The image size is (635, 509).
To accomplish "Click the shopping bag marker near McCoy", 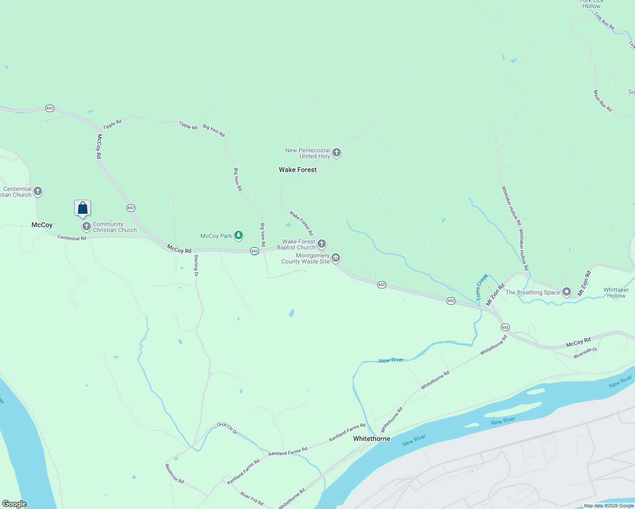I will pos(83,208).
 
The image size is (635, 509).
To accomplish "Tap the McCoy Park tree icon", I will pos(239,235).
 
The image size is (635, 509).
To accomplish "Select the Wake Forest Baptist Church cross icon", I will pos(322,243).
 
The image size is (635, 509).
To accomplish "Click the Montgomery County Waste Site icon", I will pos(336,257).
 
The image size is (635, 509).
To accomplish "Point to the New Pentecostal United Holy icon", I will pos(337,152).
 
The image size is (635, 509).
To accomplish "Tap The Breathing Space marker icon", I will pos(566,292).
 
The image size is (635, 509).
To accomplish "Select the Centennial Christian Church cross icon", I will pos(38,191).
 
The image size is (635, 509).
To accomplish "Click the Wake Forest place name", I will pos(298,170).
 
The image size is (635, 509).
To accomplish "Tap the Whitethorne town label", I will pos(371,439).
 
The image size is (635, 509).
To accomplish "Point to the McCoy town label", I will pos(42,225).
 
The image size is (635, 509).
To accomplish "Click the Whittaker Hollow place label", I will pos(616,293).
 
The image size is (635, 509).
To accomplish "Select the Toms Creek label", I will pos(482,287).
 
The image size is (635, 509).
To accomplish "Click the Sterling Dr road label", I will pos(196,266).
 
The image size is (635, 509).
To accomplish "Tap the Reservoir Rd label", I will pos(174,473).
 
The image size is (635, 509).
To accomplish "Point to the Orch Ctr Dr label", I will pos(227,428).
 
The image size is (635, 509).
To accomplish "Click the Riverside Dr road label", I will pos(585,353).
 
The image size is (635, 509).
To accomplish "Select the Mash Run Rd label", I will pos(603,101).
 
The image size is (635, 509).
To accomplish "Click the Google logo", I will pos(14,504).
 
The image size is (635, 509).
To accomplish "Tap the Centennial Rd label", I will pos(72,238).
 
